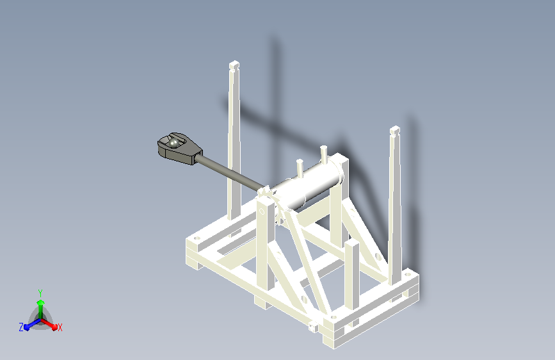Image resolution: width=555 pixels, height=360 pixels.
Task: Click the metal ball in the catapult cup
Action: point(173,143)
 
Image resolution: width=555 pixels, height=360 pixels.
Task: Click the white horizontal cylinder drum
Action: point(308,184)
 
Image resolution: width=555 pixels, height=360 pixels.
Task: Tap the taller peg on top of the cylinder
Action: point(323,154)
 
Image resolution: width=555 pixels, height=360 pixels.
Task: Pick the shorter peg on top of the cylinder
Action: point(300,168)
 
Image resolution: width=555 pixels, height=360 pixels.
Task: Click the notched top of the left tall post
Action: point(234,65)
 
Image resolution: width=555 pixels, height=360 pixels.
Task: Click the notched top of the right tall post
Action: point(395,131)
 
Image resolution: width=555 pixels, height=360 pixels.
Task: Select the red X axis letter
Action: point(60,328)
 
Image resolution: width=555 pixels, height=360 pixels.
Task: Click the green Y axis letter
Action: point(40,293)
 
